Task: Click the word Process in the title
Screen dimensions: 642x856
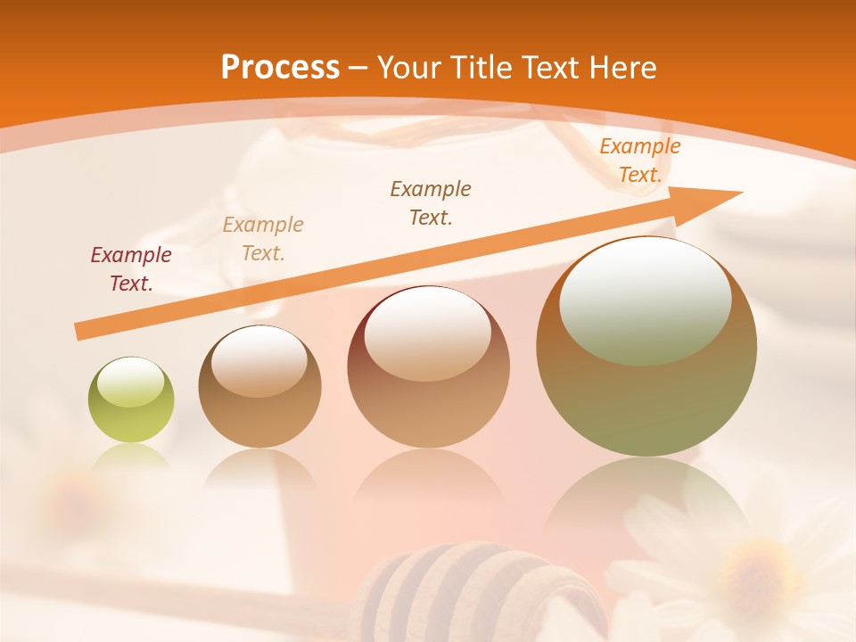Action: point(280,67)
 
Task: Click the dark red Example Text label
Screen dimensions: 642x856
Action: point(131,268)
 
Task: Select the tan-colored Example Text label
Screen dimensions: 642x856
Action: point(263,238)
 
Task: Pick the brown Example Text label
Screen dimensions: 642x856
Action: point(431,202)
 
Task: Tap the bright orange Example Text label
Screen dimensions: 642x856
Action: point(639,160)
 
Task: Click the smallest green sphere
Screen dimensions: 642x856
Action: point(131,400)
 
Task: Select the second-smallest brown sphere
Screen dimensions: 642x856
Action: point(259,387)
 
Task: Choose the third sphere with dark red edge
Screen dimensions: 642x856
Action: point(428,367)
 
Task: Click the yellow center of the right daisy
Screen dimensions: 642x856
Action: point(754,571)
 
